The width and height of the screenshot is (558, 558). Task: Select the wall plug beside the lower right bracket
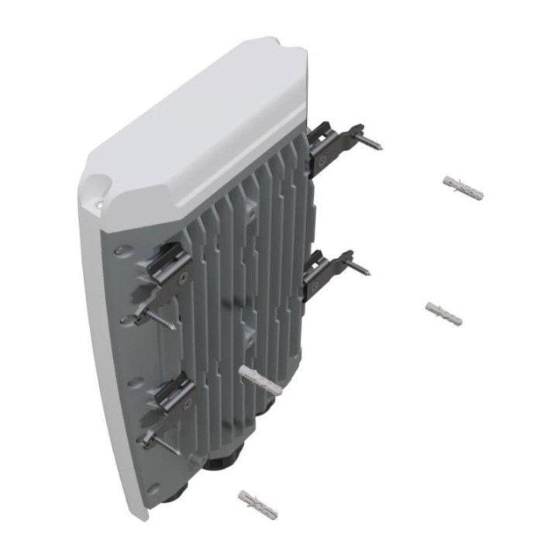(445, 313)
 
